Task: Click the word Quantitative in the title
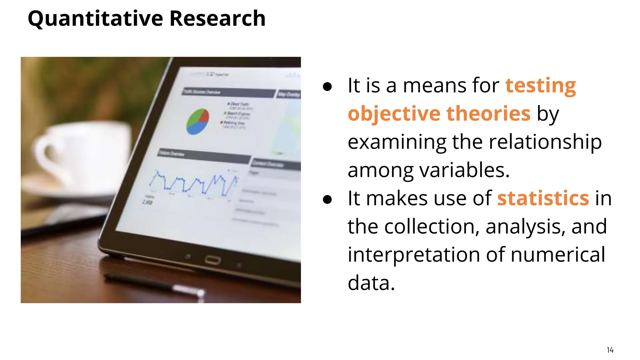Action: click(x=95, y=18)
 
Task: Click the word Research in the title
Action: click(x=217, y=18)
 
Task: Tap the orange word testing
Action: click(x=541, y=85)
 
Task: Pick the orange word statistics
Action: click(x=543, y=198)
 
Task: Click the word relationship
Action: click(x=545, y=142)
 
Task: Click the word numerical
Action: click(x=558, y=255)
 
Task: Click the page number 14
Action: click(x=610, y=350)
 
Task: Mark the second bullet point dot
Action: click(x=327, y=200)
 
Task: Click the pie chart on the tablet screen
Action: click(x=197, y=122)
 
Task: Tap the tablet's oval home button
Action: click(x=213, y=260)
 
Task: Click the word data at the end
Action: click(x=371, y=283)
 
